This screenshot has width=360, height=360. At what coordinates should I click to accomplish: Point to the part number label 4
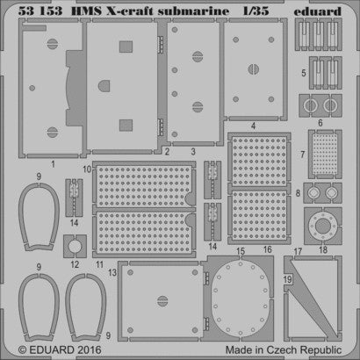pyautogui.click(x=253, y=126)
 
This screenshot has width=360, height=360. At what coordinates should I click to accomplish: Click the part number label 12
pyautogui.click(x=75, y=263)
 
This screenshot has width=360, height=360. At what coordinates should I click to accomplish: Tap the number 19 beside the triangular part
pyautogui.click(x=286, y=279)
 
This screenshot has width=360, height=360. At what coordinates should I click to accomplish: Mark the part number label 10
pyautogui.click(x=87, y=166)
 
